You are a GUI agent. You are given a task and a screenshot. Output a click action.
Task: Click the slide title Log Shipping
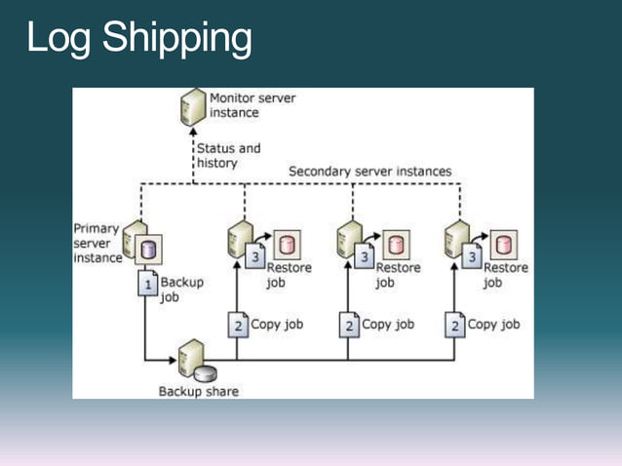(138, 39)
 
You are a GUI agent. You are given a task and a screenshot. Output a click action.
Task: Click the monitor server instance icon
(193, 106)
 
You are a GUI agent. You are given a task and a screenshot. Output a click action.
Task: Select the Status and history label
(229, 156)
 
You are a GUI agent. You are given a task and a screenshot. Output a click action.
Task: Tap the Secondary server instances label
(369, 172)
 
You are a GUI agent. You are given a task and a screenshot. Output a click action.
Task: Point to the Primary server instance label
(97, 244)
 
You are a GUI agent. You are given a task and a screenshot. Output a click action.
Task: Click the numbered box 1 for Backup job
(148, 285)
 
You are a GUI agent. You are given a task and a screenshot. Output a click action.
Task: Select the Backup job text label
(182, 290)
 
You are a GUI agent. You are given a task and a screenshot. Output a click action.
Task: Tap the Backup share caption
(198, 392)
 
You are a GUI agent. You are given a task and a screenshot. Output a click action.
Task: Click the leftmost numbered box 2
(239, 326)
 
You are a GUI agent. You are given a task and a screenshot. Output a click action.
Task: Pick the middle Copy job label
(389, 325)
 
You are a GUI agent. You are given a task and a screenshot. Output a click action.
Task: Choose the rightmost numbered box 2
(455, 326)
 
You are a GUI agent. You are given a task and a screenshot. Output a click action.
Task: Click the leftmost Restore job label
(289, 275)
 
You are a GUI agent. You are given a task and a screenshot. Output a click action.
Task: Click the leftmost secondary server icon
(239, 240)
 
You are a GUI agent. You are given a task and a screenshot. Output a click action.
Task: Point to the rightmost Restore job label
(505, 275)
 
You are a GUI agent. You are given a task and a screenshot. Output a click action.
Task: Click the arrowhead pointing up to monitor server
(193, 132)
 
